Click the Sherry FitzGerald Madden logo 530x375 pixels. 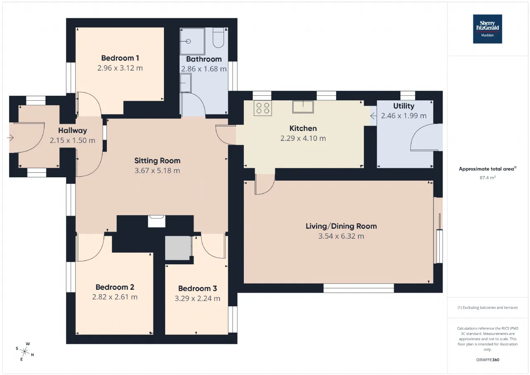[x=487, y=29]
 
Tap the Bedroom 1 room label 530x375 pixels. [x=120, y=58]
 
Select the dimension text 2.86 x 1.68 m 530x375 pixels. [x=204, y=69]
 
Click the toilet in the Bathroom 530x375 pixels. [x=218, y=38]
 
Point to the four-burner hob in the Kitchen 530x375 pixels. [x=263, y=108]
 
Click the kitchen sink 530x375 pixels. [x=303, y=107]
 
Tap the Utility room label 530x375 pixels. [x=404, y=106]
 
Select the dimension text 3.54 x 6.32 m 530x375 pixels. [x=341, y=236]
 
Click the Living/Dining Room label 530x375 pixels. [x=341, y=226]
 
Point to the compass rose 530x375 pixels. [x=25, y=351]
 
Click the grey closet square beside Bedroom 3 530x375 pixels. [x=178, y=248]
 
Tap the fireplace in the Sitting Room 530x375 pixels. [x=157, y=221]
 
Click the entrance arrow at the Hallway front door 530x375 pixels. [x=10, y=138]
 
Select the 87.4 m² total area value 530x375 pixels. [x=487, y=178]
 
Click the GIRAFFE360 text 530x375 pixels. [x=487, y=360]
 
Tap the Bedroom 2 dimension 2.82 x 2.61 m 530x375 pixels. [x=115, y=297]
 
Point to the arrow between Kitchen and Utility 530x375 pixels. [x=373, y=116]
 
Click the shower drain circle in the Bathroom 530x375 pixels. [x=188, y=41]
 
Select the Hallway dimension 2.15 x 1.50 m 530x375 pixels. [x=72, y=140]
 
